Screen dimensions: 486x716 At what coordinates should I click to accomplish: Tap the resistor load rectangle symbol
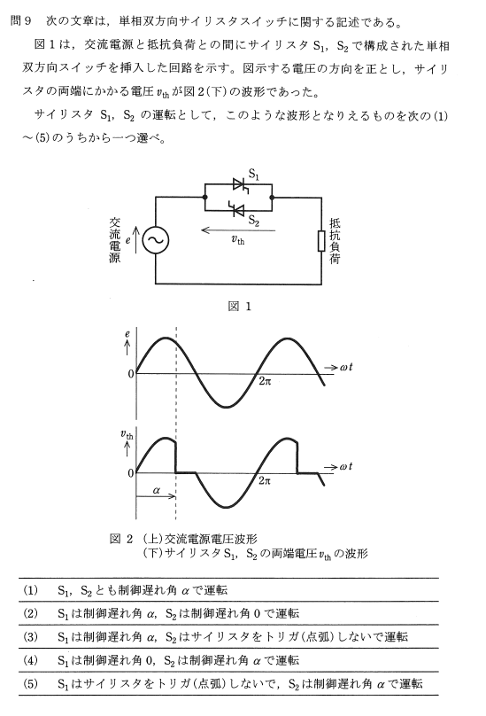point(321,241)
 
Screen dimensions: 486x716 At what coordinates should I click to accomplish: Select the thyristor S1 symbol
point(240,185)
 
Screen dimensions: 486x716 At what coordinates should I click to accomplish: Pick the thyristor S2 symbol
point(237,210)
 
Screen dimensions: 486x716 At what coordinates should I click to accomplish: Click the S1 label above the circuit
point(254,174)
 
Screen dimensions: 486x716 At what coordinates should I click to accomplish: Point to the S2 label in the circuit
point(254,221)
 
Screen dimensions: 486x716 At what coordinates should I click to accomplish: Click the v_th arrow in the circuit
point(238,230)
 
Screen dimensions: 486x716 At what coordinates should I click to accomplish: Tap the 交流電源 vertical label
point(114,240)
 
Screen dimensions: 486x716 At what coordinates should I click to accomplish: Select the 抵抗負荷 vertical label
point(335,241)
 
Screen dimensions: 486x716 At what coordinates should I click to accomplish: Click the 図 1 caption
point(240,306)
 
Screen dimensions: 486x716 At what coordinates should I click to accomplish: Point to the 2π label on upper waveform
point(265,381)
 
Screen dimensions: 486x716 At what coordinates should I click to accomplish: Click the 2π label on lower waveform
point(265,480)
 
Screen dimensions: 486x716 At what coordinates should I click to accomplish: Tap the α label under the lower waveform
point(157,491)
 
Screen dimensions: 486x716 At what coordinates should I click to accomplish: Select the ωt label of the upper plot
point(346,367)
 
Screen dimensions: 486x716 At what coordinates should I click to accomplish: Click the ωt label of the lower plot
point(346,467)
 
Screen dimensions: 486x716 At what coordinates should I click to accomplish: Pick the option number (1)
point(31,590)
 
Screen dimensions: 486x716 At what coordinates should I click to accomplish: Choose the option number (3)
point(31,637)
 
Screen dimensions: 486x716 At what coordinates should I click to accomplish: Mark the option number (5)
point(31,683)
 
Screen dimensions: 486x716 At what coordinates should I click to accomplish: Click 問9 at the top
point(20,21)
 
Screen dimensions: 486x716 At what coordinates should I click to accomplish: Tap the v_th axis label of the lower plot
point(127,434)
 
